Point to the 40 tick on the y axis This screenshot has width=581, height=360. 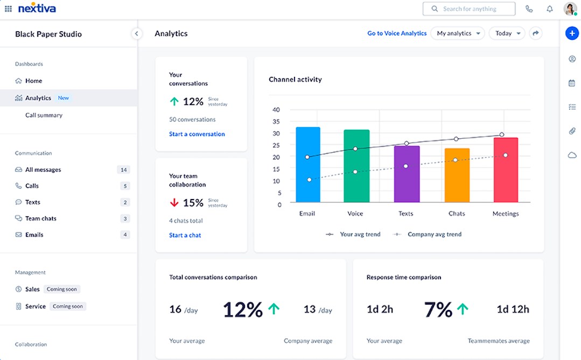click(276, 110)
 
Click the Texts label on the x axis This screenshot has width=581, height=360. click(405, 214)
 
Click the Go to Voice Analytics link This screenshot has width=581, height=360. click(397, 33)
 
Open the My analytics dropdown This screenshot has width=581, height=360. click(457, 33)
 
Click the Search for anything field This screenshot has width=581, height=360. click(469, 9)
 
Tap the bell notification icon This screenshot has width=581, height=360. click(549, 9)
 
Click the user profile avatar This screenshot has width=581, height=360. click(570, 9)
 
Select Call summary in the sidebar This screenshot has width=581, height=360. click(44, 115)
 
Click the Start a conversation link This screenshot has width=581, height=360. click(197, 134)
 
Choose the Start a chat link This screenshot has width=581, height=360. click(185, 235)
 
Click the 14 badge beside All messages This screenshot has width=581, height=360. click(123, 170)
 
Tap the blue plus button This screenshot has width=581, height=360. click(572, 33)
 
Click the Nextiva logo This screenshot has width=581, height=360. click(37, 9)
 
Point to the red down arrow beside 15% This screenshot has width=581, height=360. click(174, 203)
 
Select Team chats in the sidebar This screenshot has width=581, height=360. click(40, 218)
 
